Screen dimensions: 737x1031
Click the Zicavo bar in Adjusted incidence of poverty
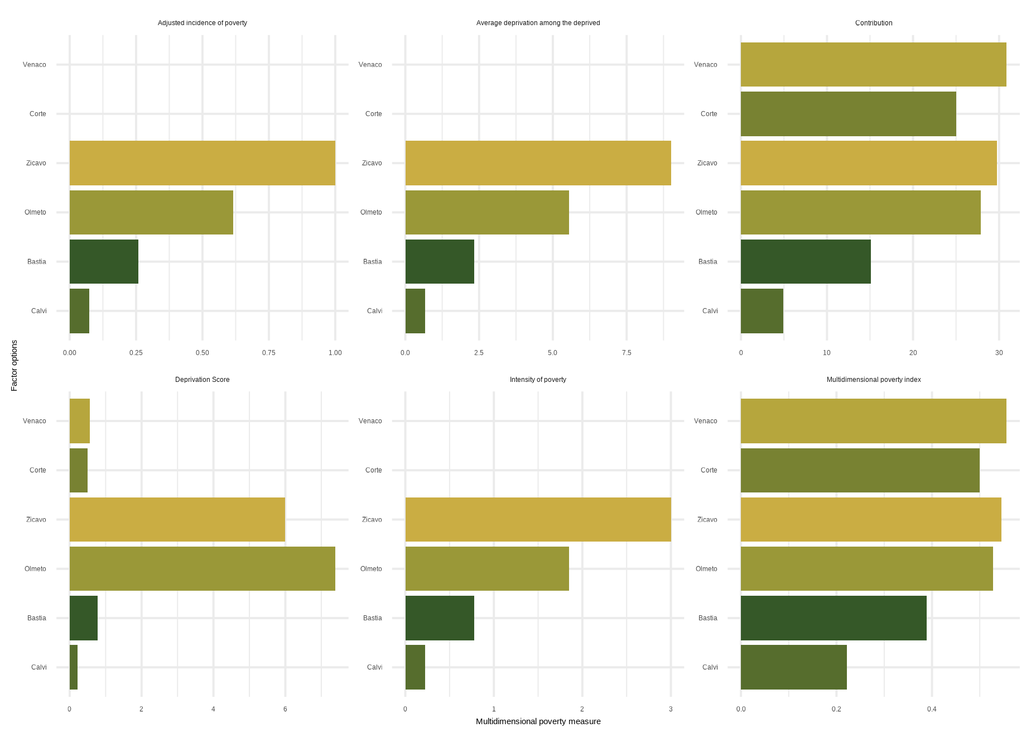tap(202, 163)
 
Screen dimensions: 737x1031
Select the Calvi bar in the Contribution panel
tap(762, 311)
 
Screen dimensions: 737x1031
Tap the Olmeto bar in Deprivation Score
tap(202, 568)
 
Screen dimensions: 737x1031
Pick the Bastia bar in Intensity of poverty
tap(440, 618)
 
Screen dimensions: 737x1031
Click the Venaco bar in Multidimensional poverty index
tap(873, 421)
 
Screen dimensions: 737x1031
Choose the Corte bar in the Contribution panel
tap(848, 114)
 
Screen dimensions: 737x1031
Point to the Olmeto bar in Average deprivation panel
tap(487, 212)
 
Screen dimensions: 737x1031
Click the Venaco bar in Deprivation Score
tap(79, 421)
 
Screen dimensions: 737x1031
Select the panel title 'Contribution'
tap(874, 23)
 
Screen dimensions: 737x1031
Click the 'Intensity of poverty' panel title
tap(538, 380)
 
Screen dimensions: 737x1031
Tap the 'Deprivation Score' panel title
tap(202, 380)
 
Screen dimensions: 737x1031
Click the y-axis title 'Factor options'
tap(15, 366)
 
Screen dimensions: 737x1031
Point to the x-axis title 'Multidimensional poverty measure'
tap(538, 721)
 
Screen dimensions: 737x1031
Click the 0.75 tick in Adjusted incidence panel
tap(268, 353)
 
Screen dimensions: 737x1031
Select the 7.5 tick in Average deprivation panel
tap(627, 353)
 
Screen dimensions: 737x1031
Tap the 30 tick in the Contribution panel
tap(999, 353)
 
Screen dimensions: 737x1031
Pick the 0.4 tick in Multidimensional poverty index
tap(932, 710)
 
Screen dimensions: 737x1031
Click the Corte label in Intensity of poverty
tap(373, 470)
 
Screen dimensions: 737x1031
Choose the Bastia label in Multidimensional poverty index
tap(707, 618)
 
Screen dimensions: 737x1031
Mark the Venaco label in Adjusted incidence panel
tap(35, 65)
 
